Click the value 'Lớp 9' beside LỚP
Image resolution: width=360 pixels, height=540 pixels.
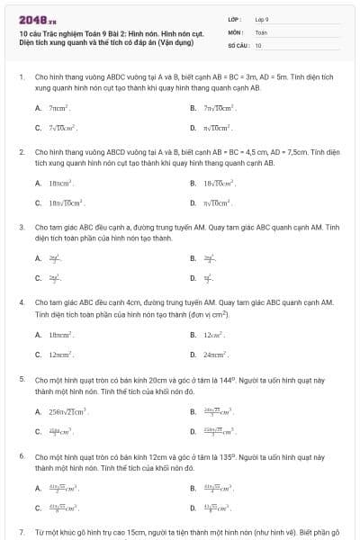tap(262, 19)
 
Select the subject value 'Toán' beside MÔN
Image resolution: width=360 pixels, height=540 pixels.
tap(261, 31)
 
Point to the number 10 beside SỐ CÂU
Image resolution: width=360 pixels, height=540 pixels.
tap(258, 44)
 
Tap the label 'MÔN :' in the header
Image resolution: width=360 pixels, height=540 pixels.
tap(235, 31)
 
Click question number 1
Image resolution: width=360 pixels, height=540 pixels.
tap(21, 77)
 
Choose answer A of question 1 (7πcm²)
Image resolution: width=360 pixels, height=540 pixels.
tap(58, 108)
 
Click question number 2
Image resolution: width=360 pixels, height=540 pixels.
tap(21, 153)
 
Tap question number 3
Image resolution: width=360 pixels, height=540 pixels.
tap(21, 228)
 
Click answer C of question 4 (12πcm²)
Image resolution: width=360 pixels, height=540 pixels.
tap(60, 354)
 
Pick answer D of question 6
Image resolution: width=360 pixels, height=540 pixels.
tap(219, 508)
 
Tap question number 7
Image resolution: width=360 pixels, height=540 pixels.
tap(21, 533)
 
